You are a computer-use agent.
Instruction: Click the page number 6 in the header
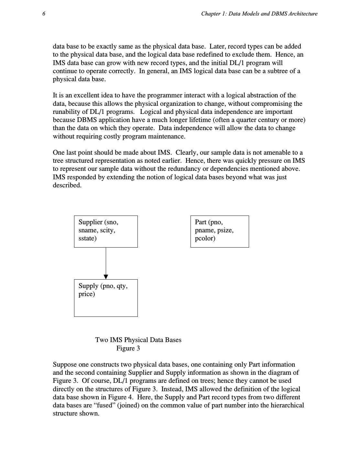pos(44,14)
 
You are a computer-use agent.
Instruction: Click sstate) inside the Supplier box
pos(87,239)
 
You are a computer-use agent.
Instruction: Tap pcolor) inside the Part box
pos(205,239)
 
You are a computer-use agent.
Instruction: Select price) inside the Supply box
pos(87,294)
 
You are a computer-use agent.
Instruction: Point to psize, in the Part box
pos(224,230)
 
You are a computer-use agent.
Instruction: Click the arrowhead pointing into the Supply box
pos(106,277)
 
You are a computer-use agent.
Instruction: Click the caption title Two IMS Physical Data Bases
pos(138,340)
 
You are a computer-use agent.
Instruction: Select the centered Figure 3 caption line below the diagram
pos(128,349)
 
